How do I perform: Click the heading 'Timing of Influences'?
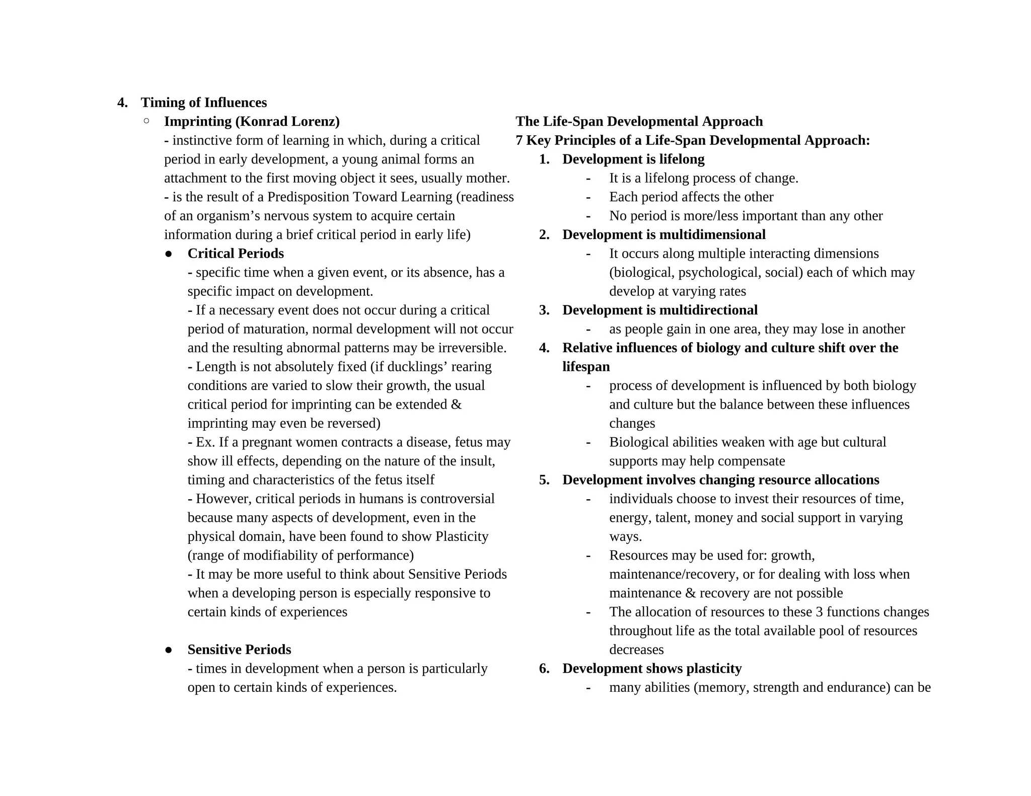click(x=203, y=103)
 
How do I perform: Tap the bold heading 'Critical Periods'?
click(x=235, y=254)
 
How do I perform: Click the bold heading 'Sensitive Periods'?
click(x=239, y=650)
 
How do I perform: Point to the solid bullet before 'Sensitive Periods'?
click(x=169, y=650)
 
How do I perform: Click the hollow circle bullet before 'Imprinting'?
click(x=146, y=121)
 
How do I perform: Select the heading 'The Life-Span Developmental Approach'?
click(x=639, y=122)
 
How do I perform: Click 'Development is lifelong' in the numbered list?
click(x=633, y=160)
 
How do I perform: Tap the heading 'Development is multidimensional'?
click(x=664, y=235)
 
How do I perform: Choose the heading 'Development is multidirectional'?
click(x=659, y=310)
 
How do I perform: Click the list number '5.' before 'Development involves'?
click(x=544, y=480)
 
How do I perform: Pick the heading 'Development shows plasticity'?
click(x=651, y=669)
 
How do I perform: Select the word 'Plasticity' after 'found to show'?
click(x=462, y=536)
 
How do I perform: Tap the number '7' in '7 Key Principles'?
click(x=519, y=140)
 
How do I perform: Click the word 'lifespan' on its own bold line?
click(x=585, y=367)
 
